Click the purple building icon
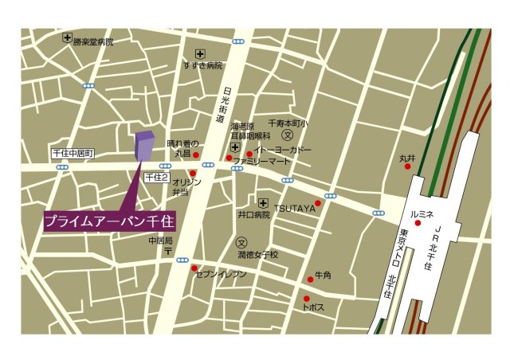coord(144,145)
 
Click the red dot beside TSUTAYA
coord(318,203)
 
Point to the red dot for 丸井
coord(408,166)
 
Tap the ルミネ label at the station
coord(421,213)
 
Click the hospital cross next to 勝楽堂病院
coord(67,37)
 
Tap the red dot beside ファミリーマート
coord(229,158)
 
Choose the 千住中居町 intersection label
coord(73,152)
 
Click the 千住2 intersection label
coord(156,178)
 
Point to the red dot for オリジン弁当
coord(192,173)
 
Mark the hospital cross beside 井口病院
coord(262,202)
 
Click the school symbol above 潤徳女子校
coord(242,241)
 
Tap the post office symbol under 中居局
coord(168,251)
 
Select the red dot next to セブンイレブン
coord(195,268)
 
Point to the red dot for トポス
coord(305,299)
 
